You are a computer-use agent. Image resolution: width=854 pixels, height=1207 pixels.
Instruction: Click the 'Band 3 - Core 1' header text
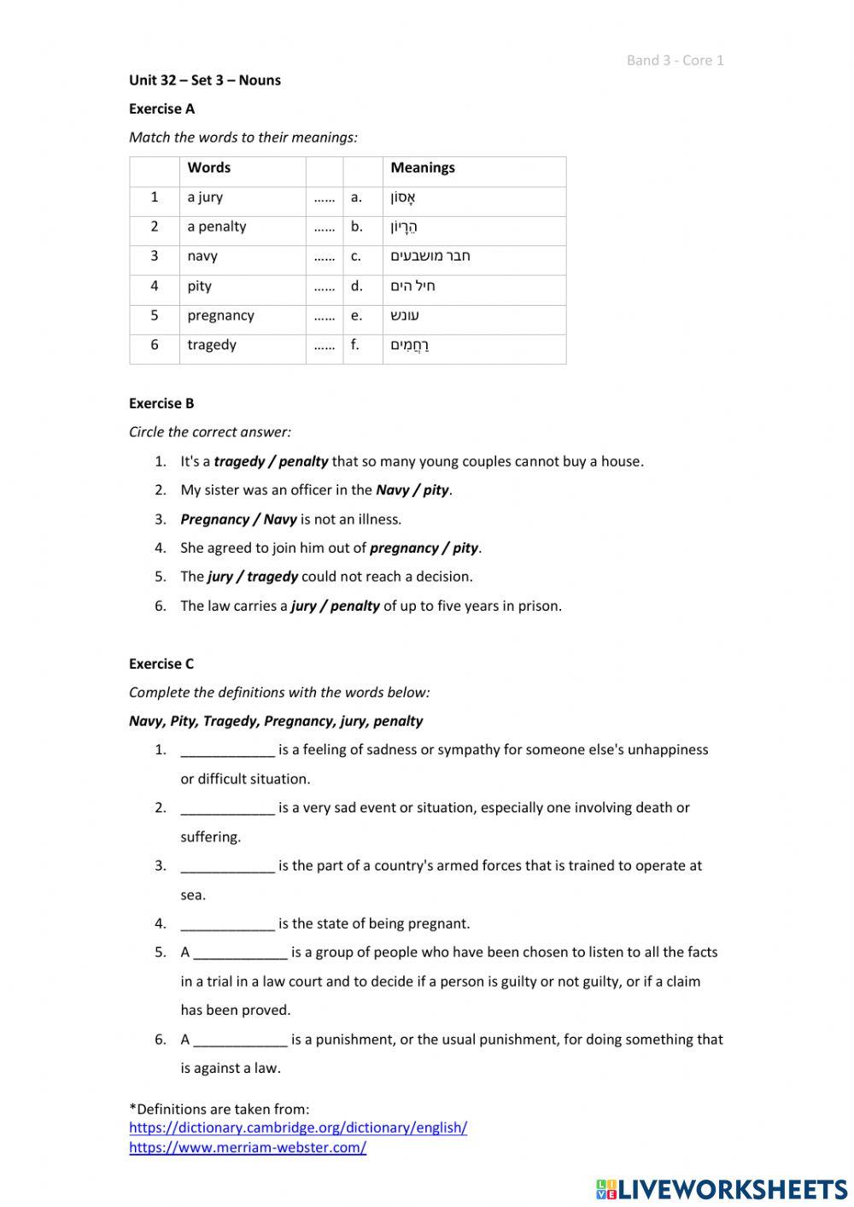[x=675, y=60]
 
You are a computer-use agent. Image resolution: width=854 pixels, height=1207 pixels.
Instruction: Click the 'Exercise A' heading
[x=161, y=108]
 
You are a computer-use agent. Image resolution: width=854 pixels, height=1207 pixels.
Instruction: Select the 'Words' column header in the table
[x=209, y=167]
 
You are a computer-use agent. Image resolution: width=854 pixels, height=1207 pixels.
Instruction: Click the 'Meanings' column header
[x=423, y=167]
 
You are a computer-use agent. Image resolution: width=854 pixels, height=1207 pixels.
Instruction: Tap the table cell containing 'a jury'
[x=206, y=197]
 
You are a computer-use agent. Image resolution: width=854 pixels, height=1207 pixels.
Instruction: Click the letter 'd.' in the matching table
[x=356, y=286]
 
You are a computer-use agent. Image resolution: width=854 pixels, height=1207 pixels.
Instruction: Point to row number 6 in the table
[x=155, y=345]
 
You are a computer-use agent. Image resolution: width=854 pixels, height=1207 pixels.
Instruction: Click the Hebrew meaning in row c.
[x=430, y=256]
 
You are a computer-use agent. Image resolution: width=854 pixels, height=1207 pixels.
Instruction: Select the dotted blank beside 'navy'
[x=324, y=256]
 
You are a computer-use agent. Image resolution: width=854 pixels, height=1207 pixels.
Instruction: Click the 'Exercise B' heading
[x=161, y=403]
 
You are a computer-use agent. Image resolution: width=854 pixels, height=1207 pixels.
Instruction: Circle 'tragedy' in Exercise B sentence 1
[x=239, y=461]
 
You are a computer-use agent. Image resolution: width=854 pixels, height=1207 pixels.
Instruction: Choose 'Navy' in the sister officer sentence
[x=392, y=490]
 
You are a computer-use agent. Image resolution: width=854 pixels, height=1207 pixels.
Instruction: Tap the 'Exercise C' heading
[x=161, y=664]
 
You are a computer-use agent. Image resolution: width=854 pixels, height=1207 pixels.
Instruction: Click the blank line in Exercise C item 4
[x=227, y=924]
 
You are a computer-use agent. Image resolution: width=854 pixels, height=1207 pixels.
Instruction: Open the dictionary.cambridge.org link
[x=298, y=1128]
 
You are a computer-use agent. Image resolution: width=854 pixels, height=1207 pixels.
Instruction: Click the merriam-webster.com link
[x=248, y=1148]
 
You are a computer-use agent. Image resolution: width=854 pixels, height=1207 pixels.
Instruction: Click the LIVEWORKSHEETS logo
[x=722, y=1188]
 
